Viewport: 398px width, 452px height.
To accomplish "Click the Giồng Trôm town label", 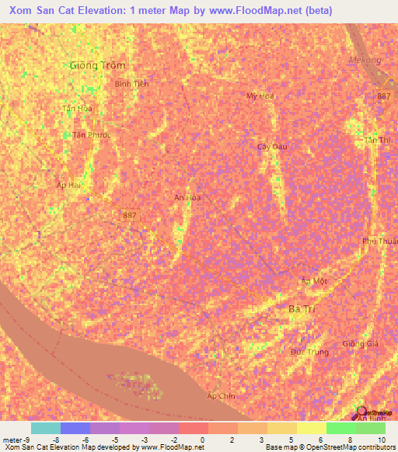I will (96, 65).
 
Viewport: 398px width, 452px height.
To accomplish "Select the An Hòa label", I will (187, 198).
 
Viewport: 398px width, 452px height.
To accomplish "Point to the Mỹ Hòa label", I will (260, 96).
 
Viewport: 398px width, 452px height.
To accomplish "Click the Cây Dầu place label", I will (271, 146).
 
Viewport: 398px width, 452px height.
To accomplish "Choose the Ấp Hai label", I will (69, 184).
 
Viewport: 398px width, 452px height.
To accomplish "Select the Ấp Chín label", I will (220, 396).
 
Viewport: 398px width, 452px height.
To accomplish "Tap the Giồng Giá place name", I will (359, 343).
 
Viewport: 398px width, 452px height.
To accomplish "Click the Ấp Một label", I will (315, 280).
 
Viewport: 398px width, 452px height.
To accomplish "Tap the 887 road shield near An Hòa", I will (131, 214).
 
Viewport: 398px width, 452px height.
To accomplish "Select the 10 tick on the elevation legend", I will (380, 439).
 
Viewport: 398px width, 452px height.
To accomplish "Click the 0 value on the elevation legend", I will (201, 439).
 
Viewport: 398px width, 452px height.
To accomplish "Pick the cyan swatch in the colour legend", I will (45, 428).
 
